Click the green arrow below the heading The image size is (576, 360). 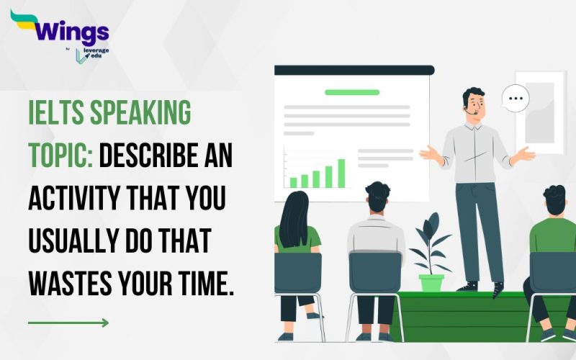point(68,323)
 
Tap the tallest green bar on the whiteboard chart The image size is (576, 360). point(341,173)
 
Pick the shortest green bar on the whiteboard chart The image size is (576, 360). point(293,181)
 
